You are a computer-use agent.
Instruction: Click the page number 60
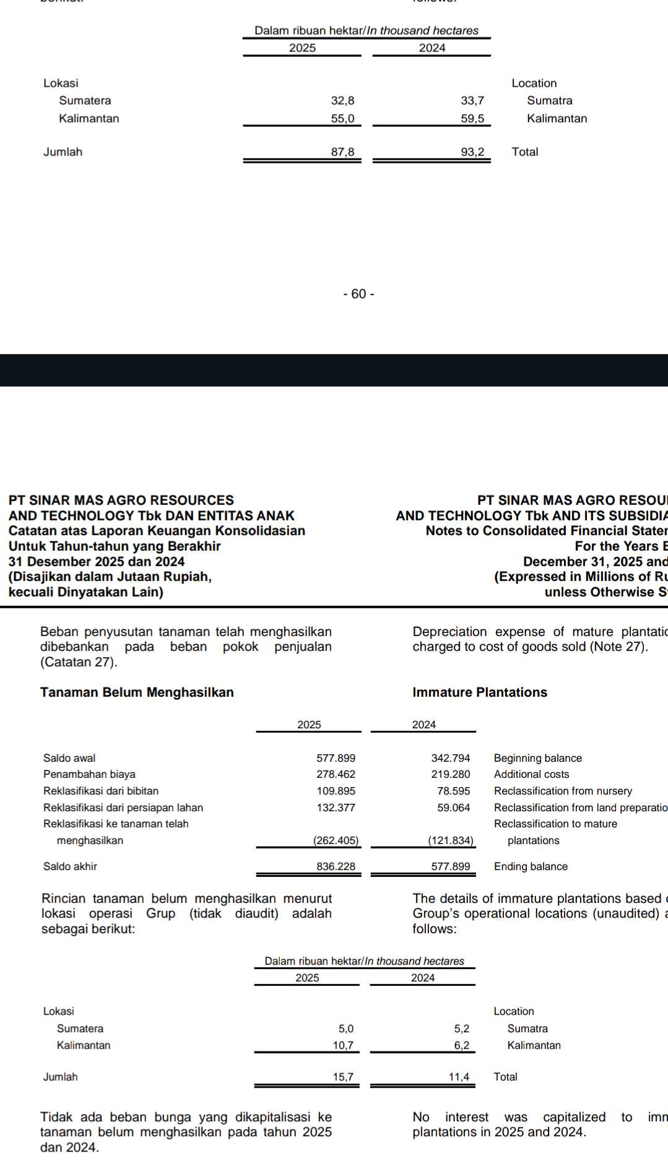pos(358,294)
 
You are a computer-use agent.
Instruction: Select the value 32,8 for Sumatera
pos(342,101)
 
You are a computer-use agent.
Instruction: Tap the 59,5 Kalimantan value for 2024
pos(472,119)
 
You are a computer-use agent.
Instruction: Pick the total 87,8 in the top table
pos(342,152)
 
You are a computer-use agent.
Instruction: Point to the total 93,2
pos(472,152)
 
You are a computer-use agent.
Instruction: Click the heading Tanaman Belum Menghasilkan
pos(137,692)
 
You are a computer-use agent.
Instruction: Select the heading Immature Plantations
pos(480,692)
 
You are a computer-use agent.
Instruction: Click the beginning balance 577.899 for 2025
pos(336,758)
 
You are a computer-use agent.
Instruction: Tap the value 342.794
pos(451,758)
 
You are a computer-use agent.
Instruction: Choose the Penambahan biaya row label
pos(89,774)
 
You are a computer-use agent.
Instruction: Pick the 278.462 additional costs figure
pos(336,774)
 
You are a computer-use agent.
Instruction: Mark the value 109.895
pos(336,791)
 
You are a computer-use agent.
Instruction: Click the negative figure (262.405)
pos(336,840)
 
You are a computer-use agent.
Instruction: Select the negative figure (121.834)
pos(451,840)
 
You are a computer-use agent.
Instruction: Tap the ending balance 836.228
pos(336,866)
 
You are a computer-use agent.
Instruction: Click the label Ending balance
pos(531,866)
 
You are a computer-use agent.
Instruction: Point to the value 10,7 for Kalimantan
pos(343,1045)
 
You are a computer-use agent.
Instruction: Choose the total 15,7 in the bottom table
pos(343,1077)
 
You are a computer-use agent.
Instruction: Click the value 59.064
pos(453,808)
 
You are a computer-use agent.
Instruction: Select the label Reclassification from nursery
pos(563,791)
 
